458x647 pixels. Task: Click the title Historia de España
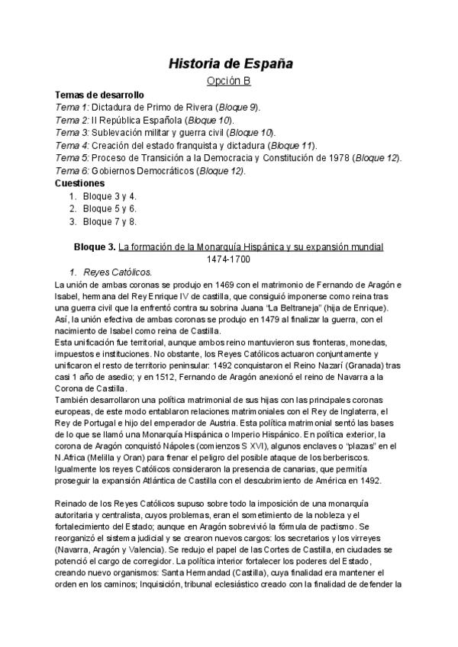[230, 63]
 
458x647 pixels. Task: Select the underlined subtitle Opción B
[230, 80]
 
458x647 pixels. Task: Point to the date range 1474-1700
[229, 259]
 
